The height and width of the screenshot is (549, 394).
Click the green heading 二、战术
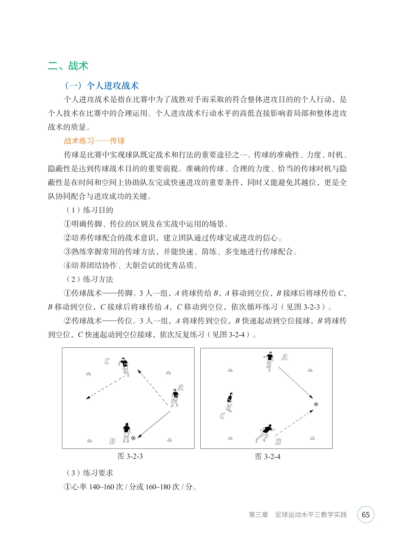[68, 66]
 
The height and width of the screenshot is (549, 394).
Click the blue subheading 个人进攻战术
[102, 86]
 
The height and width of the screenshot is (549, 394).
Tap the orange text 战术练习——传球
[94, 141]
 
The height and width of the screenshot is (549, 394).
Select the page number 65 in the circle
[365, 515]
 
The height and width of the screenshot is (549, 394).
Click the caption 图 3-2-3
[130, 456]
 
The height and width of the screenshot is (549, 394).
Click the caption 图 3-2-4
[268, 456]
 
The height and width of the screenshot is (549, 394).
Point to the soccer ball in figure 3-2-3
[133, 438]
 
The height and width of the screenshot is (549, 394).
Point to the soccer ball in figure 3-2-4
[316, 404]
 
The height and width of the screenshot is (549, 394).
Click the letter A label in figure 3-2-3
[181, 388]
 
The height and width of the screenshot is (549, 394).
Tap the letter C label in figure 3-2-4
[222, 416]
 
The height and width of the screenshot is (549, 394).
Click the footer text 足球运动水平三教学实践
[311, 515]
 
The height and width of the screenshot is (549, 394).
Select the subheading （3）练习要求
[90, 473]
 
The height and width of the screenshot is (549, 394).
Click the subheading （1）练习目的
[90, 210]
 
